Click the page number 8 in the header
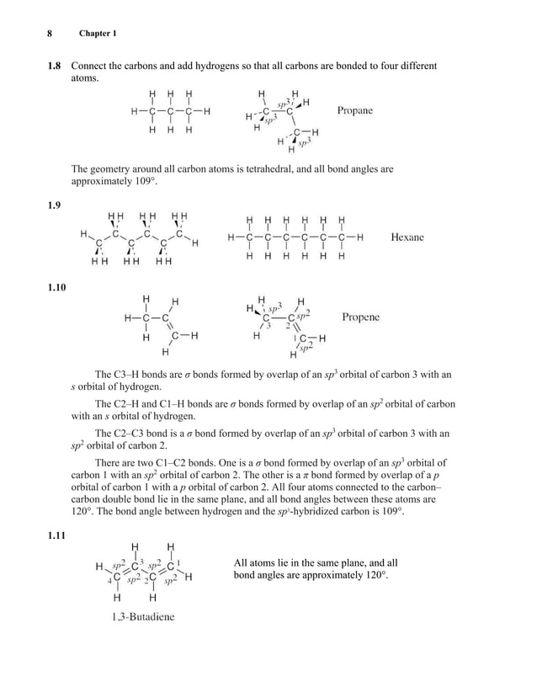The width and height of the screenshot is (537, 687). [50, 33]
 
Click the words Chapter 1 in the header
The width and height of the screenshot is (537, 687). [98, 33]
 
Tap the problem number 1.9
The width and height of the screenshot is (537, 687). [52, 205]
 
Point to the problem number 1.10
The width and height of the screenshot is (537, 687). [55, 288]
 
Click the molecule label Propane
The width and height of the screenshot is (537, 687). [354, 110]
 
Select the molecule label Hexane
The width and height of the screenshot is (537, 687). [407, 237]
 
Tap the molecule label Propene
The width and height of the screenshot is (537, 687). [360, 317]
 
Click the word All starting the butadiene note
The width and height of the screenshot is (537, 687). [242, 562]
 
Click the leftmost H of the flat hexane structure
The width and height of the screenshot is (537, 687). [231, 237]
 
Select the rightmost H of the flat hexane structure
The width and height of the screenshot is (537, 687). [360, 237]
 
